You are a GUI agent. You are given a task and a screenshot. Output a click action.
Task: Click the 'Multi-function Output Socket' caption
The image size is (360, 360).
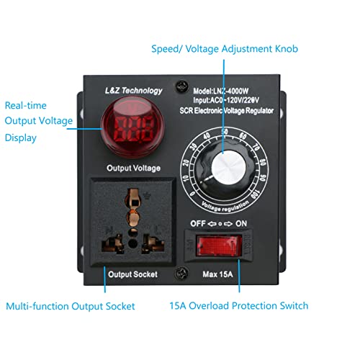71,306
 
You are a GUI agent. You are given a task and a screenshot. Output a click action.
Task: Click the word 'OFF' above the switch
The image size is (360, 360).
193,223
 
